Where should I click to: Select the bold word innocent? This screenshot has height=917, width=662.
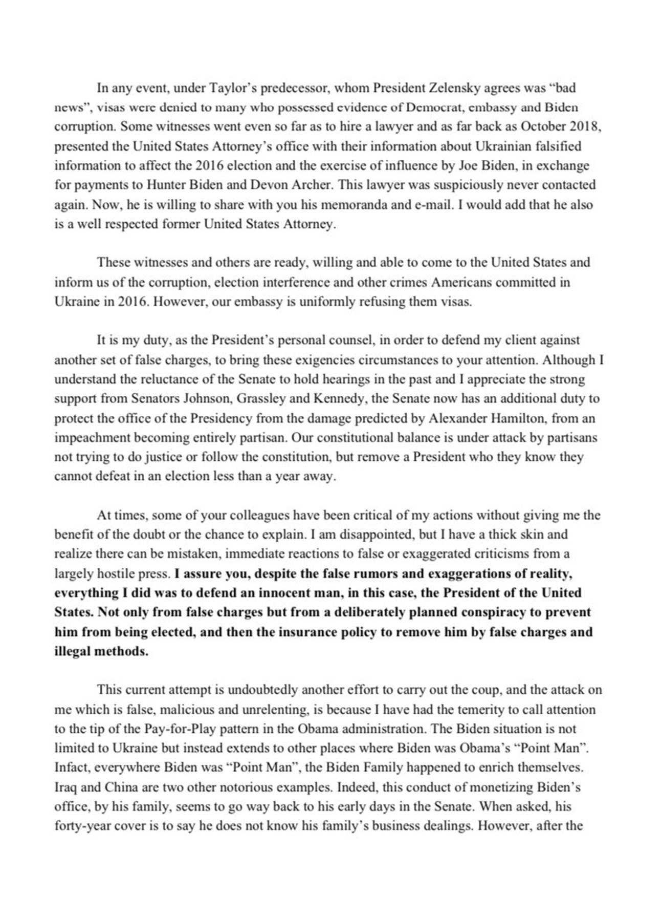pos(288,593)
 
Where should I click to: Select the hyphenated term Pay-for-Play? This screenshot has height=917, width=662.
pos(181,729)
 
